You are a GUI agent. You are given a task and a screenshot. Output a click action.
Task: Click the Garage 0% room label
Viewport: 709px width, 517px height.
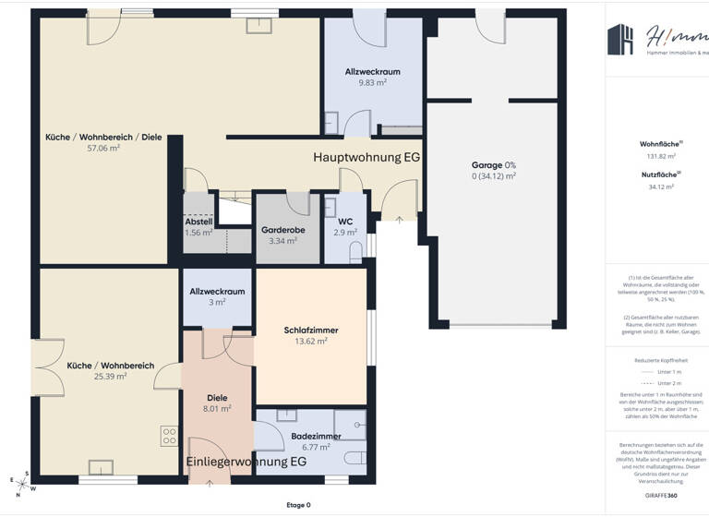[493, 164]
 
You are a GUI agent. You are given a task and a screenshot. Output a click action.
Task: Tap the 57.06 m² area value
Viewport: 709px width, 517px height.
[102, 148]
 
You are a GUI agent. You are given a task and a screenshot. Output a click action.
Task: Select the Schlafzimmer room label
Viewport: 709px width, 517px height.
[310, 330]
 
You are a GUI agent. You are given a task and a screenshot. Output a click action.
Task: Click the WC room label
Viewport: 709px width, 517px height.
[345, 222]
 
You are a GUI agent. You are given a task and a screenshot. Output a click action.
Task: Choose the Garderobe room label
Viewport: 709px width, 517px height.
[282, 230]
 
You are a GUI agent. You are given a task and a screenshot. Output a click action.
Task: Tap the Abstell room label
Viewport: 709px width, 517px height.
[198, 222]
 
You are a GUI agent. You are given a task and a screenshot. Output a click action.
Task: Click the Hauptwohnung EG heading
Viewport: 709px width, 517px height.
[367, 157]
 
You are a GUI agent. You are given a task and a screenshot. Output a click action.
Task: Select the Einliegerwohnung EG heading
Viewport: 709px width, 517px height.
[246, 461]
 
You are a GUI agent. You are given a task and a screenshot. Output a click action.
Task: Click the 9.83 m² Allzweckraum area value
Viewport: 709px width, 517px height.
[372, 82]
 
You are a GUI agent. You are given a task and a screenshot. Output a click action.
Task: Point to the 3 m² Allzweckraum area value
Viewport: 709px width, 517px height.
[217, 302]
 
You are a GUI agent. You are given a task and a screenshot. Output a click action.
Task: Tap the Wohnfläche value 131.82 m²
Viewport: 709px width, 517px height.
[661, 156]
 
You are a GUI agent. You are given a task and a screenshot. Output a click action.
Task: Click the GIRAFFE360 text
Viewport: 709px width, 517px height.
[661, 496]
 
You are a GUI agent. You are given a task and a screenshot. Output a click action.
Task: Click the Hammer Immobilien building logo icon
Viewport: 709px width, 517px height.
[619, 39]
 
